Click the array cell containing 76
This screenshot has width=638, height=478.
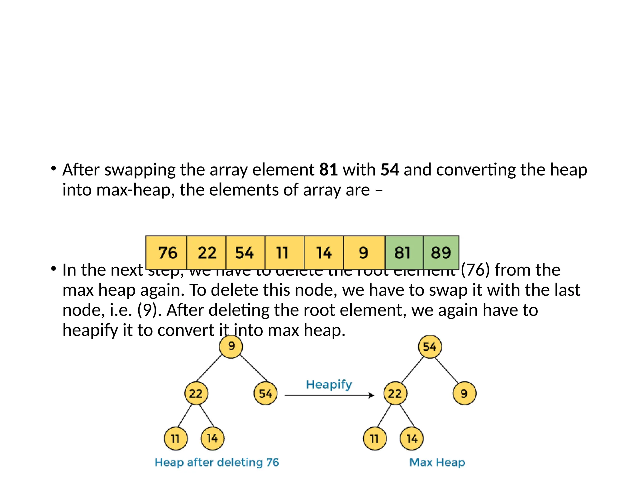tap(167, 252)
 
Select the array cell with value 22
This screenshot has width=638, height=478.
tap(207, 252)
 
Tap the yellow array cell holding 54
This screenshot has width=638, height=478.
tap(245, 252)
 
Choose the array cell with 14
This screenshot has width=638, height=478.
tap(324, 252)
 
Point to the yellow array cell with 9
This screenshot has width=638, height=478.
tap(364, 252)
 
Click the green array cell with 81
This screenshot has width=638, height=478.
tap(404, 252)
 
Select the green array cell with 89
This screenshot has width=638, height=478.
tap(441, 252)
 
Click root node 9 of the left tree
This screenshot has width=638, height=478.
tap(231, 346)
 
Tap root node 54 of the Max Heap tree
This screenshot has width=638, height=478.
tap(430, 347)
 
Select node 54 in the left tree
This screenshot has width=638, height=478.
tap(265, 394)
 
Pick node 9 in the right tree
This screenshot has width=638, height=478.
tap(464, 394)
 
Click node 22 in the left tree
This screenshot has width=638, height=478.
tap(196, 394)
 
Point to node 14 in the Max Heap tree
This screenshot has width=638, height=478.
tap(412, 439)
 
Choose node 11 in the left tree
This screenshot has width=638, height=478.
tap(176, 439)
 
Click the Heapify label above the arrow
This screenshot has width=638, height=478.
tap(329, 385)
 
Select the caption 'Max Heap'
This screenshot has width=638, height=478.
tap(437, 462)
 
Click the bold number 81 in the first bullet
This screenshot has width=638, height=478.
tap(329, 170)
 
